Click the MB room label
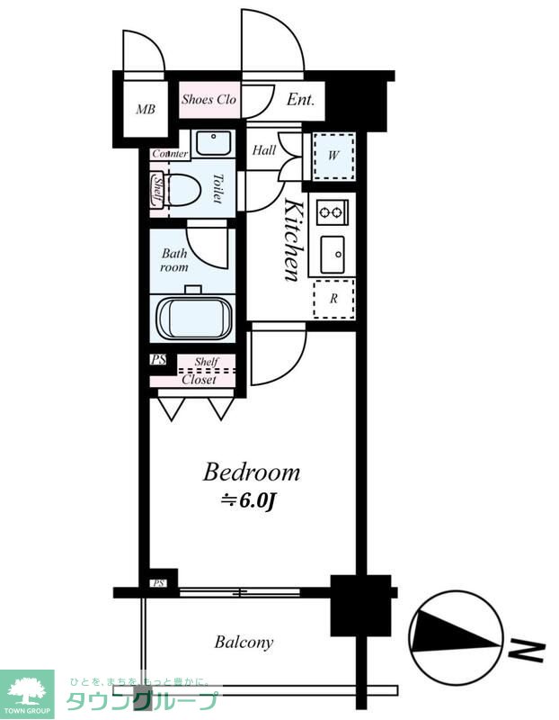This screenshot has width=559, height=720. point(146,109)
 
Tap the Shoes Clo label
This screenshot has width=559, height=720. point(209,99)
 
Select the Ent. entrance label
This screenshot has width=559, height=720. point(300,99)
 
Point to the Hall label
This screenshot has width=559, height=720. point(264,150)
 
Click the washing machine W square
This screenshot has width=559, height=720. point(333,157)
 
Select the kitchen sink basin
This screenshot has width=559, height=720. point(333,254)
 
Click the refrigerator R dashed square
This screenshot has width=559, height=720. point(333,299)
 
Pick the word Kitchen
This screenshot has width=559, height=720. point(294,239)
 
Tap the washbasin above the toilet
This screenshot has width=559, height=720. point(213,143)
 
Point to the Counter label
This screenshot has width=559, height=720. point(170,154)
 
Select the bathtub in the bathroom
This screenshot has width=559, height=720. point(195,319)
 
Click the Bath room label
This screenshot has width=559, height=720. point(174,260)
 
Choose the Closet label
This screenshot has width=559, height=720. point(199,380)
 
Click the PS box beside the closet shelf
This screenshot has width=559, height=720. point(158,359)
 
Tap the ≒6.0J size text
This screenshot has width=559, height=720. point(248,501)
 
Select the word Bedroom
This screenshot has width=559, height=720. point(252,472)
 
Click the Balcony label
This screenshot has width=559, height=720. point(244,642)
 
